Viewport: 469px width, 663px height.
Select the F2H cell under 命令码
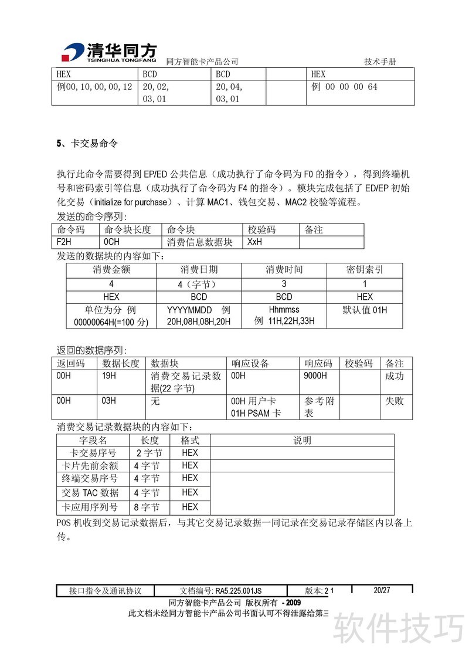point(64,242)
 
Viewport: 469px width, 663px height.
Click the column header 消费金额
point(111,270)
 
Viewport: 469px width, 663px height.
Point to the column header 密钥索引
point(365,270)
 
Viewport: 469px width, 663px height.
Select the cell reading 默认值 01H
point(365,310)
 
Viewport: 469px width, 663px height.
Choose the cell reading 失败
point(395,401)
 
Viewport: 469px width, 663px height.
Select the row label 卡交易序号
point(93,453)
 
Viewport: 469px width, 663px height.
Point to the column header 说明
point(302,440)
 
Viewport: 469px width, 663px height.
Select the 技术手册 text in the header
point(380,62)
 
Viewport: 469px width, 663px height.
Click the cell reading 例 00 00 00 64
point(344,87)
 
